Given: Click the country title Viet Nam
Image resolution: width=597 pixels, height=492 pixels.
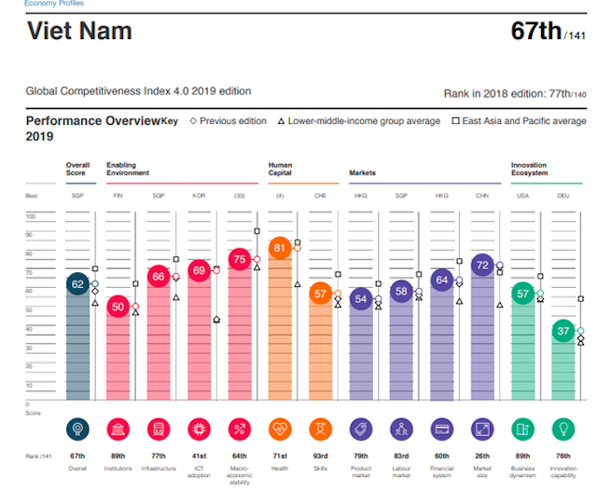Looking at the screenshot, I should pos(79,31).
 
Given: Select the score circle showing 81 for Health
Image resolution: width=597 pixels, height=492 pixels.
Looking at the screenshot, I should pos(279,249).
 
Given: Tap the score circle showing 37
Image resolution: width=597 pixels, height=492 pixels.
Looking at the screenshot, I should pos(563,330).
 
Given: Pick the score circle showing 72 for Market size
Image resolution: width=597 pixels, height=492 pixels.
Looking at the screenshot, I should pos(482,266).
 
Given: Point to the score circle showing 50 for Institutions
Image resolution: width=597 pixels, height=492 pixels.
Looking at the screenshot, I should pos(118,307).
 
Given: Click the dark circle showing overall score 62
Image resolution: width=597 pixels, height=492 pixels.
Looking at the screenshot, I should pos(78,284).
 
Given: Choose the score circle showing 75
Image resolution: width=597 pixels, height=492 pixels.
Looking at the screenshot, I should pos(239,260).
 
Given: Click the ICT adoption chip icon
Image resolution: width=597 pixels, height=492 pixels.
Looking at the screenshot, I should pos(198,430).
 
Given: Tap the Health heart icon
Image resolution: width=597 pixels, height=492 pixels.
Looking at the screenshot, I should pos(279,430).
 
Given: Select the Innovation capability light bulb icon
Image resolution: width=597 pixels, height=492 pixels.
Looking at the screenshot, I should pos(563,430).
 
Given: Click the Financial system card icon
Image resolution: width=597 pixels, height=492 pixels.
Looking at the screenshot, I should pos(442,430).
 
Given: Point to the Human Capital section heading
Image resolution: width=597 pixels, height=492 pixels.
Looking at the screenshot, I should pos(280,169).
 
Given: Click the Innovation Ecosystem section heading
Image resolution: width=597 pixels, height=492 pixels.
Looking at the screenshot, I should pos(529,169).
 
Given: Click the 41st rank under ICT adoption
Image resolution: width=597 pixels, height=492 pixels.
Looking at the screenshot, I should pos(198,455).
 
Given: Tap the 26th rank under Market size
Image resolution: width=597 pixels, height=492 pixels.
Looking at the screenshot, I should pos(482,455).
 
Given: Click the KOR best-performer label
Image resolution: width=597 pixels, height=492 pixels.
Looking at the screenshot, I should pos(198,196).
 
